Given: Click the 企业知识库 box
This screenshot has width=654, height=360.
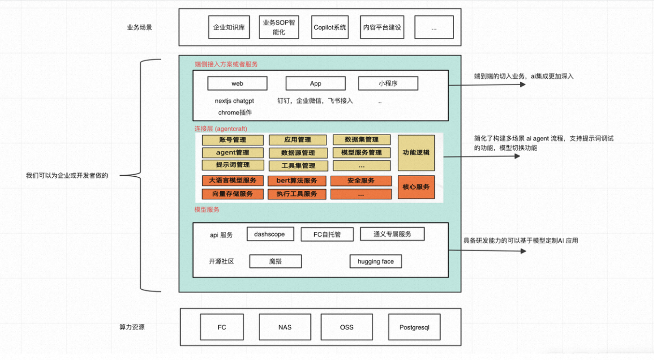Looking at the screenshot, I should coord(229,27).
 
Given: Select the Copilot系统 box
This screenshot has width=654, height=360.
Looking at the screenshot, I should coord(330,27).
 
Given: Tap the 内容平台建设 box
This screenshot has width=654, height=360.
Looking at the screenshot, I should coord(382,27).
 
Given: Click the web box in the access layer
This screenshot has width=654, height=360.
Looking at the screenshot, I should coord(237,84).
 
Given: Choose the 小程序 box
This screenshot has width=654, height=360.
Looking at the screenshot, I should coord(388,84).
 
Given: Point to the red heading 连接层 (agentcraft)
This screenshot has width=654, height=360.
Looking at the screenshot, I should coord(220,129).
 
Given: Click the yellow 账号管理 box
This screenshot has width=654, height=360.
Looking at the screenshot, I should coord(233,140).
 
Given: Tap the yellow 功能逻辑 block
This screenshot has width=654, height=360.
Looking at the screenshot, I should coord(416,153).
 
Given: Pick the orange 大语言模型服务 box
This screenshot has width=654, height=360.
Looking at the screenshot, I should coord(233,181).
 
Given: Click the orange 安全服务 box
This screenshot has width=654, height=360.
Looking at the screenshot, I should coord(361,181).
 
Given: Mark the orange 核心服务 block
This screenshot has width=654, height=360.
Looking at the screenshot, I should coord(416,187).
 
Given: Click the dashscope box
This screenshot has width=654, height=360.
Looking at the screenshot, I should coord(270,234).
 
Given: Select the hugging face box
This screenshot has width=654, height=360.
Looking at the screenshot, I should coord(375,261).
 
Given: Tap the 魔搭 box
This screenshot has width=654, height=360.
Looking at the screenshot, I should coord(276,261).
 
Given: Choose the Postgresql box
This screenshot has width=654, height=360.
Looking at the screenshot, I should coord(414,327).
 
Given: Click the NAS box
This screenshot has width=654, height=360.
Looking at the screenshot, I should coord(285,327).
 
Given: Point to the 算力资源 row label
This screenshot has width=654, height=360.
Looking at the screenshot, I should coord(132,327).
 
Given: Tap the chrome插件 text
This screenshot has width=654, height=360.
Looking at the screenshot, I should coord(235,112).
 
